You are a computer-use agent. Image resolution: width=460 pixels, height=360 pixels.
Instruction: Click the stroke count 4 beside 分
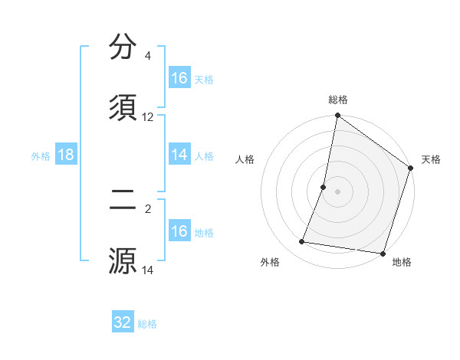147,56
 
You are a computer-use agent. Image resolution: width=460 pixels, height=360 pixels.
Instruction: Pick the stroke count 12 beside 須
148,117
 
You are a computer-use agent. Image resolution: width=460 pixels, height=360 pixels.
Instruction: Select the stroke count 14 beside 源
148,270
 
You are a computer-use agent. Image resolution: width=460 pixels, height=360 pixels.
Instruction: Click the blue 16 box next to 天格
179,78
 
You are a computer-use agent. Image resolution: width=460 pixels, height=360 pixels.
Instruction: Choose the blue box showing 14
179,155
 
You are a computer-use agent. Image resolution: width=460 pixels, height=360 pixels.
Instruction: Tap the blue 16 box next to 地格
179,231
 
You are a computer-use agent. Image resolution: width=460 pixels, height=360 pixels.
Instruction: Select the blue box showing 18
66,155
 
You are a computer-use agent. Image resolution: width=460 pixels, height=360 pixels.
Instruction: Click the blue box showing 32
123,322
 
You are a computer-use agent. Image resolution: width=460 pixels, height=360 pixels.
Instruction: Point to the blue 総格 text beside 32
147,324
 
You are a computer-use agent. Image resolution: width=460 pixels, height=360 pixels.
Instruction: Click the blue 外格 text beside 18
41,156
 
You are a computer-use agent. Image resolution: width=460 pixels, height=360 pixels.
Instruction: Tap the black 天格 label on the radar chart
431,159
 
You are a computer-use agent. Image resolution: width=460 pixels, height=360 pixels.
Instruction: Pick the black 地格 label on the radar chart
402,262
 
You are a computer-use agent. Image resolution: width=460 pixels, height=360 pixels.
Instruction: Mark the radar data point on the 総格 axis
337,116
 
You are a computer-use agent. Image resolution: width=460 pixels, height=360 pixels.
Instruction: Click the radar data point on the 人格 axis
324,187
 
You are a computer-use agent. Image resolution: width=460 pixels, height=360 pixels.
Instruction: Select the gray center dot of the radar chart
337,191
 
